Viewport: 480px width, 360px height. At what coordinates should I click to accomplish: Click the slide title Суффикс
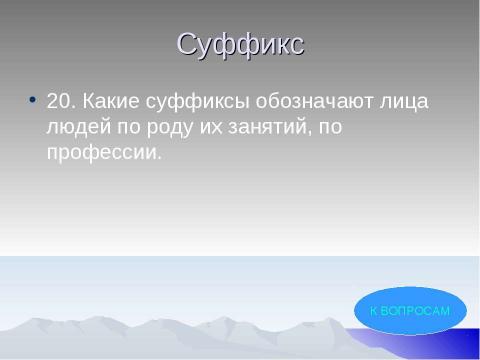click(240, 45)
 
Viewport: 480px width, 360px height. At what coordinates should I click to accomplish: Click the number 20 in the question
click(60, 102)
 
